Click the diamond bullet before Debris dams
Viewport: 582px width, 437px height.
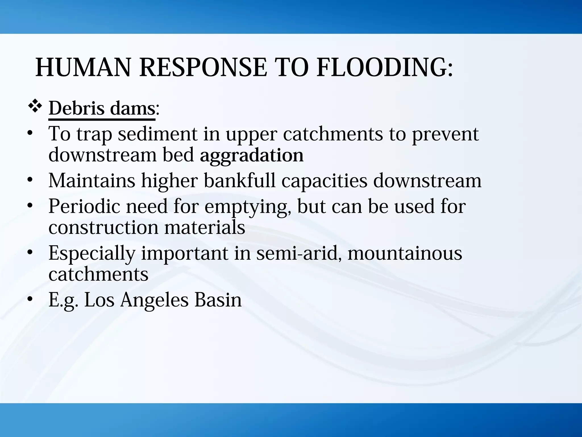[x=35, y=108]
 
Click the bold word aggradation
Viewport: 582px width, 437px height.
[x=251, y=155]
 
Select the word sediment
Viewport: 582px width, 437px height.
[x=157, y=134]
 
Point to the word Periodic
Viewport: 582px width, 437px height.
[x=84, y=206]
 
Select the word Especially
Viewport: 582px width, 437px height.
[x=92, y=253]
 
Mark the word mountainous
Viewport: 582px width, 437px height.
[x=405, y=253]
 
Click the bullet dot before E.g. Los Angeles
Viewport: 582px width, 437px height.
[x=30, y=300]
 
